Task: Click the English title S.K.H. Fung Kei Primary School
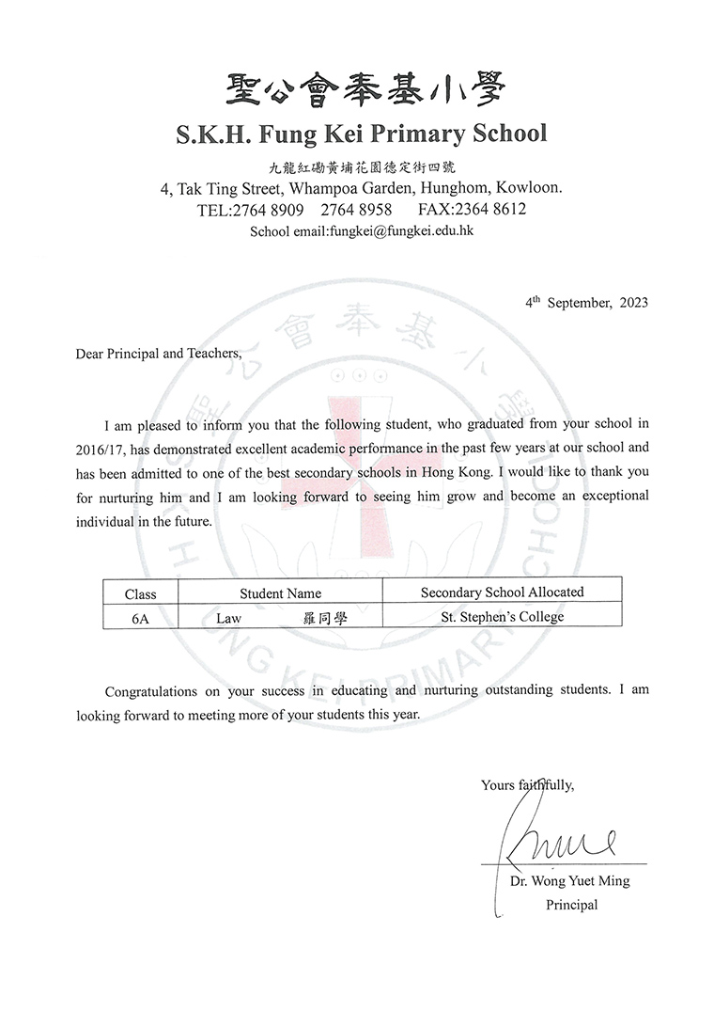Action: tap(362, 134)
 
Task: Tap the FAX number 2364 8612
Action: tap(492, 209)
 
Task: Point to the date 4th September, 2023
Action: tap(586, 303)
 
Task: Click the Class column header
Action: tap(140, 593)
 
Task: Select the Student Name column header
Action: tap(280, 593)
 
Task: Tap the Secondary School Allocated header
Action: tap(502, 592)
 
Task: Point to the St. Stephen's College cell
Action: tap(503, 618)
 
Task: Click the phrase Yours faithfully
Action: tap(527, 784)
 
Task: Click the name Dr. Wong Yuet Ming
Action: tap(569, 882)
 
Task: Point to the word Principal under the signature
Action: tap(571, 905)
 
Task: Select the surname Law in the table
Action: tap(229, 619)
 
